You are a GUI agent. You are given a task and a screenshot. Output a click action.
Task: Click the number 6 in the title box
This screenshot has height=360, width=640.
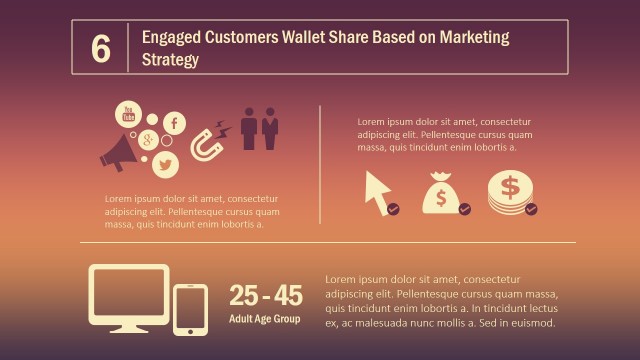pyautogui.click(x=100, y=48)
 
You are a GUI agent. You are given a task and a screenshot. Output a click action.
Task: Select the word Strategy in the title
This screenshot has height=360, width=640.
pyautogui.click(x=170, y=60)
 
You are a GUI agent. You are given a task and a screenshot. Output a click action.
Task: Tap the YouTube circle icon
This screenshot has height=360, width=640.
pyautogui.click(x=128, y=115)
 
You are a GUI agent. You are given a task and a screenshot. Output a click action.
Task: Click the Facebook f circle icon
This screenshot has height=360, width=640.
pyautogui.click(x=174, y=124)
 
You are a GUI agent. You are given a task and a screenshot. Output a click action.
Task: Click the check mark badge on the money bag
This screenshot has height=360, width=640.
pyautogui.click(x=464, y=209)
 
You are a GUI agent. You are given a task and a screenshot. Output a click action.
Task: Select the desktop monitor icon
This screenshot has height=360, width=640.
pyautogui.click(x=129, y=297)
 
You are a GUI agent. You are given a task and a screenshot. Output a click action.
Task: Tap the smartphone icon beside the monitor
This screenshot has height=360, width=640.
pyautogui.click(x=190, y=309)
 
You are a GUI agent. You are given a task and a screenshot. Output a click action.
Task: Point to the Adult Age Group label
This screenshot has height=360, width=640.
pyautogui.click(x=264, y=319)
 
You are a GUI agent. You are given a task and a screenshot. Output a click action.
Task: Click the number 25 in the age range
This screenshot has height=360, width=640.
pyautogui.click(x=244, y=296)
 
